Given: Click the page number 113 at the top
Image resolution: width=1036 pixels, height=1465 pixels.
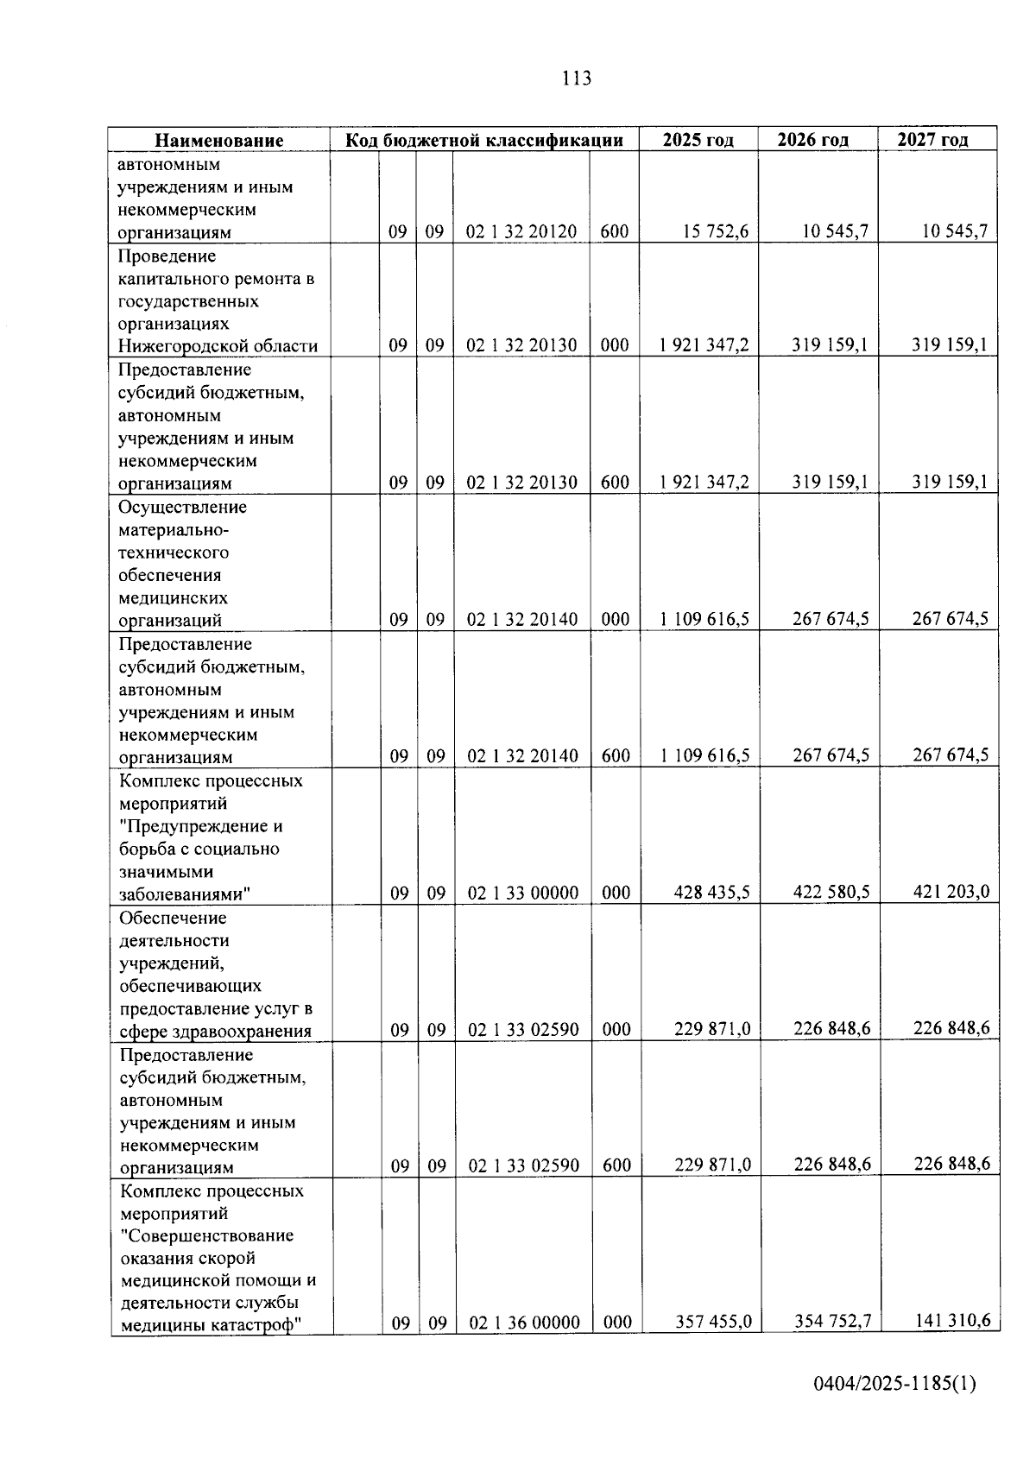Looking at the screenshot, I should pos(576,79).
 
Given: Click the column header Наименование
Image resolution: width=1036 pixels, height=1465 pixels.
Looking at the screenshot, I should pos(219,140).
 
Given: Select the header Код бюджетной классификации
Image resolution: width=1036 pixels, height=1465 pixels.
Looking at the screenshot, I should pos(484,140).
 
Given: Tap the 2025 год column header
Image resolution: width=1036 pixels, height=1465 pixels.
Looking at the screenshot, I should pos(698,140).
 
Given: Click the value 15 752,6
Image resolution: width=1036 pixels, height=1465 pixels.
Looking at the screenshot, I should pos(715,231).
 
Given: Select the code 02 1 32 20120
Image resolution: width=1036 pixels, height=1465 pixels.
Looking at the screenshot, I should pos(521,231).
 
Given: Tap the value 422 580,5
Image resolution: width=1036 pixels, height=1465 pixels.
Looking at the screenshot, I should pos(831,892).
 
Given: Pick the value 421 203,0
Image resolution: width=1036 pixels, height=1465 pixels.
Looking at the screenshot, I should pos(951,891).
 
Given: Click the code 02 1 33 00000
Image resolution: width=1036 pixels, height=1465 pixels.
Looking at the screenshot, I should pos(523,893).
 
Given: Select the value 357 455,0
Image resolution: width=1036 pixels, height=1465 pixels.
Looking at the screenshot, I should pos(713,1322).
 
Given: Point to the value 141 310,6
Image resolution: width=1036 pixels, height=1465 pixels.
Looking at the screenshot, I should pos(952,1320).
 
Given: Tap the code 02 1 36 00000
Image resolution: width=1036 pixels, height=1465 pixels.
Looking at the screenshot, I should pos(525,1323).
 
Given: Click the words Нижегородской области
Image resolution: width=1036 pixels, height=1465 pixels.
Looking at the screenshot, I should pos(218,346).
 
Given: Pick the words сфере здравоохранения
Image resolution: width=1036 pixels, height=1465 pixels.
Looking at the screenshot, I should pos(216,1031).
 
